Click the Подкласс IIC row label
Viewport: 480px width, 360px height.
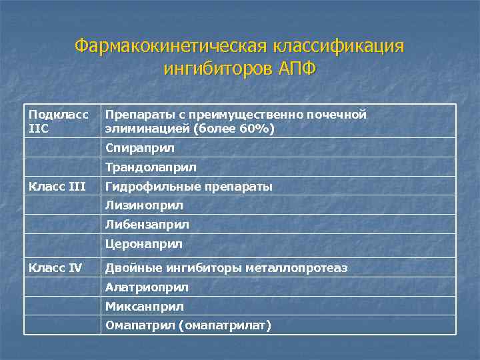pos(59,121)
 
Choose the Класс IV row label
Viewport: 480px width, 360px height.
pos(55,268)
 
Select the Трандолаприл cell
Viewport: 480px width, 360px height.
pos(151,167)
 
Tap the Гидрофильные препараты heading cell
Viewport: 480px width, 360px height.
pos(189,186)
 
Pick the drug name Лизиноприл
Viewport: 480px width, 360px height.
pos(144,205)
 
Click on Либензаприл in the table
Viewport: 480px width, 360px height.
pos(147,225)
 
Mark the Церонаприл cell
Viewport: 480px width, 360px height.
pos(143,244)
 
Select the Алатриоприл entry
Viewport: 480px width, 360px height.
pos(147,287)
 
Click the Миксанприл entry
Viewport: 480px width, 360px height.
pos(144,307)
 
